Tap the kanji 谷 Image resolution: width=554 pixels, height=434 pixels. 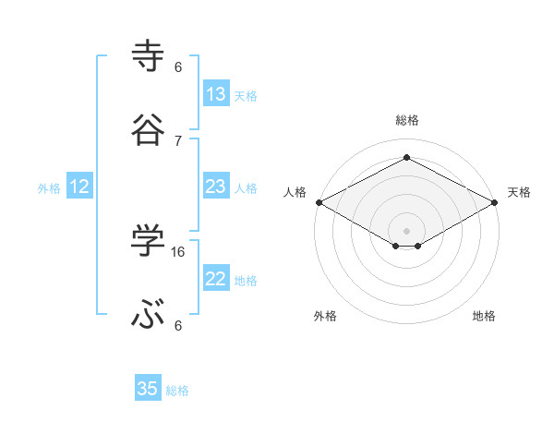point(149,130)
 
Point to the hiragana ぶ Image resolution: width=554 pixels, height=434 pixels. point(149,315)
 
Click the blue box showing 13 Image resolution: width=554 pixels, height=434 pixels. point(216,94)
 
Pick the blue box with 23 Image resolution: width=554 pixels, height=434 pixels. point(216,187)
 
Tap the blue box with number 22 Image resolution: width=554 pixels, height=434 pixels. point(216,279)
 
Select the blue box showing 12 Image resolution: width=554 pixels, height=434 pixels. point(79,187)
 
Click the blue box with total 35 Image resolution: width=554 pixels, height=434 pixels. point(148,389)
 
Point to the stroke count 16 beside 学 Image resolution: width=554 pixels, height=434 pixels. point(179,251)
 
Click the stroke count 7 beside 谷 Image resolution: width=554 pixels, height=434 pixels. point(178,140)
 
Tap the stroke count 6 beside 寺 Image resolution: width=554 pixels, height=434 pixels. point(178,66)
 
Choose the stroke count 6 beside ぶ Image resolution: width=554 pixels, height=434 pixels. point(178,325)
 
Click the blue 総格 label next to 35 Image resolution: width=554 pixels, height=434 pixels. point(177,391)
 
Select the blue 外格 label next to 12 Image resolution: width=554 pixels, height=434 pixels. point(49,188)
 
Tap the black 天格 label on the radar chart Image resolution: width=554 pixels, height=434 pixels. point(519,192)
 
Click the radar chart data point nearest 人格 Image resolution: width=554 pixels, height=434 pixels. point(319,202)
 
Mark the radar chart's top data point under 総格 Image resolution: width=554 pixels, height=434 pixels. point(406,158)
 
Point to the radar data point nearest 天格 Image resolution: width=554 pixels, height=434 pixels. point(495,202)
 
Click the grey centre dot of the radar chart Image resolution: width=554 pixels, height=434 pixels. point(406,230)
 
